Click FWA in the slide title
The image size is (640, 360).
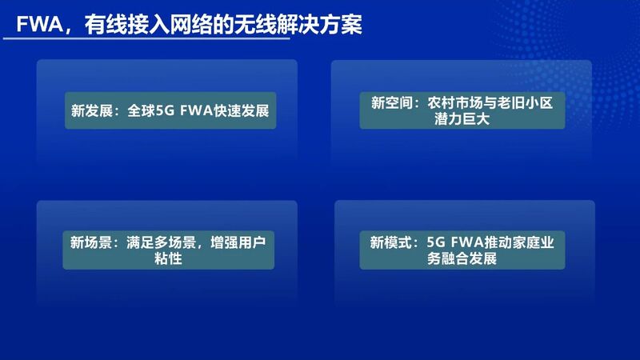point(39,25)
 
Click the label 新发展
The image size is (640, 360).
point(92,110)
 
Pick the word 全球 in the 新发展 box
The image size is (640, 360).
point(142,110)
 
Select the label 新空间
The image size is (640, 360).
point(392,102)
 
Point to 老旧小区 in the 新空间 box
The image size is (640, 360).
point(525,102)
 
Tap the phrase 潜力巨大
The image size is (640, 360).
point(462,118)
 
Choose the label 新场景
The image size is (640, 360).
point(90,242)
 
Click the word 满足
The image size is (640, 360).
point(140,242)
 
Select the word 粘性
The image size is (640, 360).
point(168,258)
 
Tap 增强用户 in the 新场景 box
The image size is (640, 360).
point(238,242)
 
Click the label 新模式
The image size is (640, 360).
point(390,242)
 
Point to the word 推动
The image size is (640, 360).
point(498,242)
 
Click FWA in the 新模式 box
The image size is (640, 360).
point(467,243)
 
